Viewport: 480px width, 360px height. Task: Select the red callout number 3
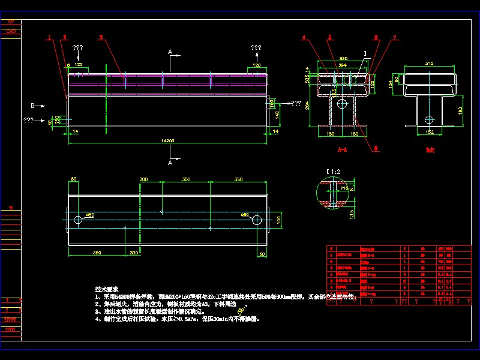pyautogui.click(x=101, y=37)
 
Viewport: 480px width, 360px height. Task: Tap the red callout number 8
pyautogui.click(x=375, y=148)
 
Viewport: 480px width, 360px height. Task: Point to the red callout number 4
pyautogui.click(x=304, y=37)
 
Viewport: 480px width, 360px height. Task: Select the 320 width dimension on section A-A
pyautogui.click(x=343, y=59)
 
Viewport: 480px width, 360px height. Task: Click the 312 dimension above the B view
pyautogui.click(x=429, y=62)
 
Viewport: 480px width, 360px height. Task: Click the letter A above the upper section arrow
pyautogui.click(x=170, y=53)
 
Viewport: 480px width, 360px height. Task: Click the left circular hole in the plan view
pyautogui.click(x=79, y=220)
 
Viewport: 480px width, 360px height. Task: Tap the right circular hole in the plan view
pyautogui.click(x=256, y=220)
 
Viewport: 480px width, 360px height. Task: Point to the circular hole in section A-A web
pyautogui.click(x=341, y=104)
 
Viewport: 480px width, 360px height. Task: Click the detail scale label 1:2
pyautogui.click(x=332, y=172)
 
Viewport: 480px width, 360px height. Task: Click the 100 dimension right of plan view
pyautogui.click(x=277, y=220)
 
